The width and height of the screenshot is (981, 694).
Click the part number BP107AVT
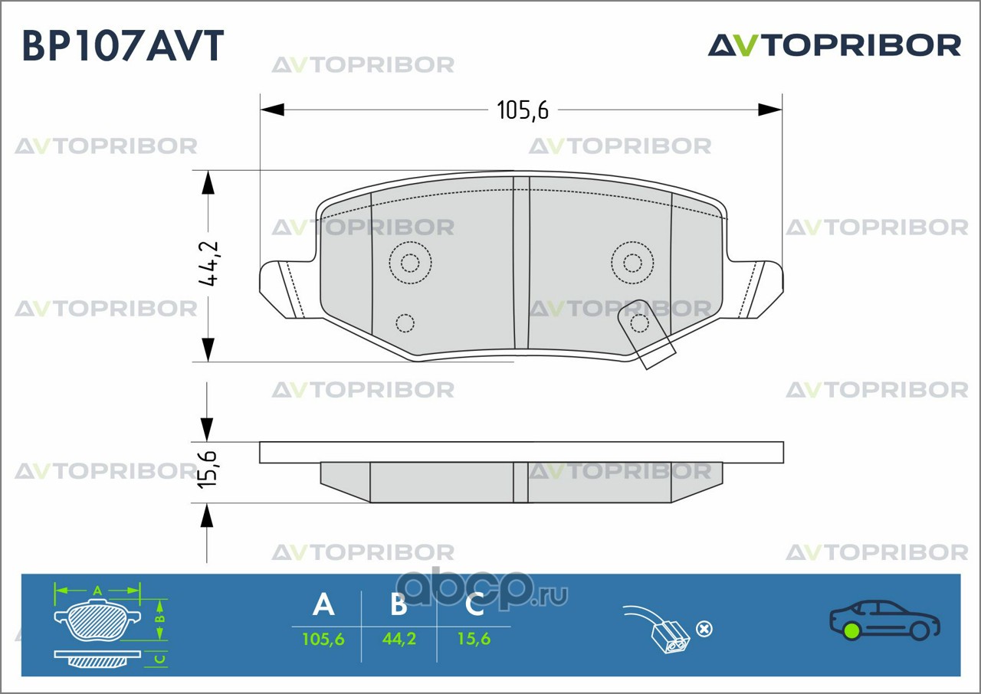pyautogui.click(x=123, y=47)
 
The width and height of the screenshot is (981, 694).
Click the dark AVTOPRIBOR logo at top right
pyautogui.click(x=834, y=45)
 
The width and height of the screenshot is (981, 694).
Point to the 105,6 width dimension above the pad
pyautogui.click(x=523, y=111)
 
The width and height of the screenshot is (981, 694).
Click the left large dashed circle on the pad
pyautogui.click(x=410, y=264)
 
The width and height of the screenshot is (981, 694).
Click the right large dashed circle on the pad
pyautogui.click(x=632, y=264)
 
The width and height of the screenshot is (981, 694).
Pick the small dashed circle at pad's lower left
pyautogui.click(x=404, y=323)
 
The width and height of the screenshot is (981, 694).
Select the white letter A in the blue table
pyautogui.click(x=323, y=605)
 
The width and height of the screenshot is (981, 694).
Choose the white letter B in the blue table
pyautogui.click(x=399, y=605)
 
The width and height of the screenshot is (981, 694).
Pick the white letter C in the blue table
pyautogui.click(x=474, y=605)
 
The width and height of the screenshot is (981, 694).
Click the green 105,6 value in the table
pyautogui.click(x=323, y=638)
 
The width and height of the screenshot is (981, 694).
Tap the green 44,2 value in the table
pyautogui.click(x=399, y=638)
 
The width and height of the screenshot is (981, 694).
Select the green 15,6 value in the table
pyautogui.click(x=474, y=638)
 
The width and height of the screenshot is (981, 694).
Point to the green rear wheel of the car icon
pyautogui.click(x=850, y=631)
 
